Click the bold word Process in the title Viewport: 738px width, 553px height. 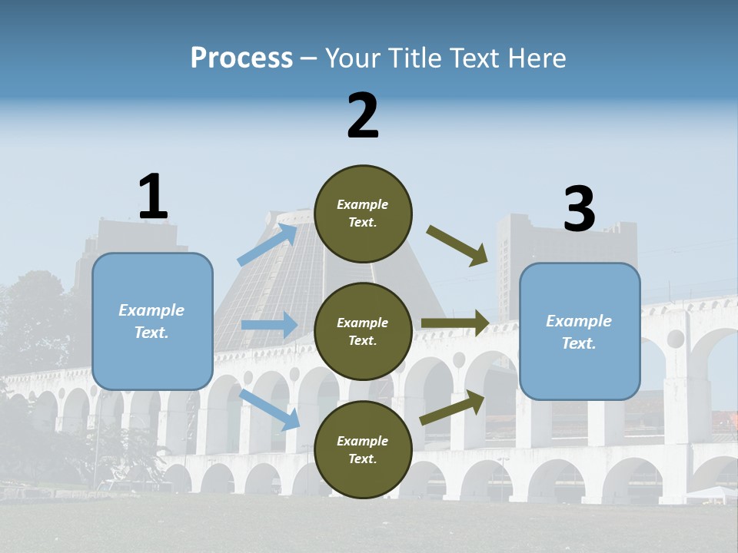point(241,58)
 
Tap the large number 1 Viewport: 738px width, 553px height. point(153,197)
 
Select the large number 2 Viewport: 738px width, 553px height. point(363,116)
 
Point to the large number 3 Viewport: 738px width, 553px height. point(580,209)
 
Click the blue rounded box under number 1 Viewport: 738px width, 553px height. point(152,321)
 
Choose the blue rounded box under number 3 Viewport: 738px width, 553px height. point(580,331)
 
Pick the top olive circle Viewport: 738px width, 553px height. point(363,214)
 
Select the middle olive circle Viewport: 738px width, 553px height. point(363,331)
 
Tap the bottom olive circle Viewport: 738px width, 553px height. point(363,449)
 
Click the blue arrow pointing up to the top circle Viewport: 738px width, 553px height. point(268,243)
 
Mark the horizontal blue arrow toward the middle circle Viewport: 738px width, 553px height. point(269,325)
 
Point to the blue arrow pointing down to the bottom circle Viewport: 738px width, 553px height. point(269,409)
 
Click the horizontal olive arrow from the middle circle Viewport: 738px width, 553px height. point(456,323)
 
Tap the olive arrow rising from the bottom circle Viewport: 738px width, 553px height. point(452,409)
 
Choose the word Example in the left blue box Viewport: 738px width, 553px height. point(151,310)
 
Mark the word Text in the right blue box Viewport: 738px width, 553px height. point(578,343)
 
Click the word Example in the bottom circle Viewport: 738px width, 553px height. point(363,441)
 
